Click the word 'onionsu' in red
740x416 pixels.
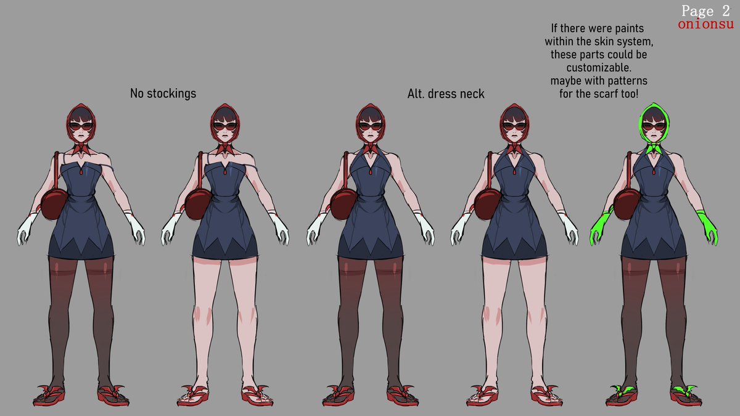pos(705,25)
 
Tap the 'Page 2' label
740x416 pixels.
pos(705,10)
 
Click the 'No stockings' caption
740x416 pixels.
pos(163,94)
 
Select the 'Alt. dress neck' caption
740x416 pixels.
pos(446,94)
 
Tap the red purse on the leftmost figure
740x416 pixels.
pos(54,204)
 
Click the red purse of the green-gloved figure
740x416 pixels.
pos(627,204)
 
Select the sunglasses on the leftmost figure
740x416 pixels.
pos(81,126)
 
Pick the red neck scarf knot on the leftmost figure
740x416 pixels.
pos(81,149)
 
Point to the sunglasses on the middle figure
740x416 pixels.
pos(370,126)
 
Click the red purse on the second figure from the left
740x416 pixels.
pos(198,204)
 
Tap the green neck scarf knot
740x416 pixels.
pos(656,149)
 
